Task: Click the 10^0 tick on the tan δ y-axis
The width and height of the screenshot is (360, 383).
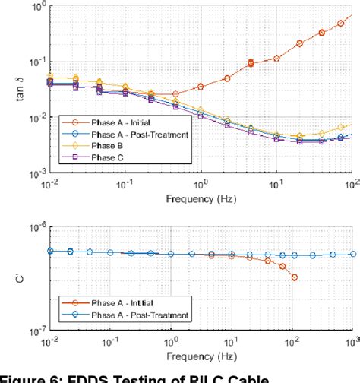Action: (36, 7)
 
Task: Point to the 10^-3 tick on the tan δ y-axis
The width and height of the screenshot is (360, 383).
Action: (34, 173)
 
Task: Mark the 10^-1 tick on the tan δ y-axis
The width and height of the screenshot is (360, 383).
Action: (34, 62)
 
